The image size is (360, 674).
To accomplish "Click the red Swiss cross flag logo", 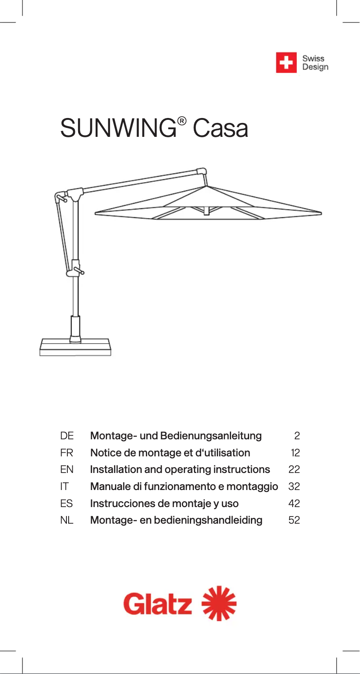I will [x=286, y=62].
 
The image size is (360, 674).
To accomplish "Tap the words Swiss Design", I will [x=315, y=63].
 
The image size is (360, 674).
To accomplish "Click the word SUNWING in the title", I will [x=118, y=129].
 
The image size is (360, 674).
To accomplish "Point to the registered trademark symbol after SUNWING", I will [x=181, y=121].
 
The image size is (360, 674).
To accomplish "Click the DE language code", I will [x=67, y=436].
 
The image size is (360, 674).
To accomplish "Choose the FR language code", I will [x=66, y=453].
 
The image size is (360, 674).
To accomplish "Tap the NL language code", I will [x=67, y=521].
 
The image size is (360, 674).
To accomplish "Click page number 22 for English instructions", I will [x=294, y=470].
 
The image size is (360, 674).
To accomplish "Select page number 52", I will [x=294, y=521].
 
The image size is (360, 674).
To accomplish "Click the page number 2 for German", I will [x=297, y=436].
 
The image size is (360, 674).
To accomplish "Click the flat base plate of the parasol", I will [x=75, y=348].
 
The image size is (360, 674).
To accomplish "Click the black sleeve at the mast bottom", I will [x=75, y=329].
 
